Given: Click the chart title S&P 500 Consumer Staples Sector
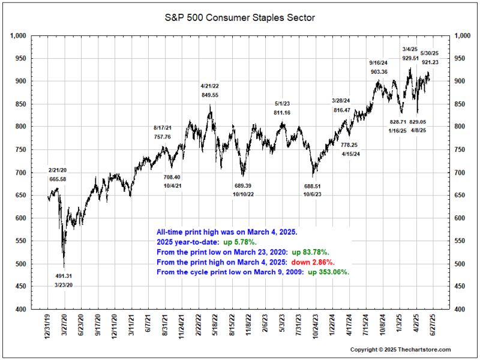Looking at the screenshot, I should tap(240, 17).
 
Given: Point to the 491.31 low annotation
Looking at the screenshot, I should tap(64, 276).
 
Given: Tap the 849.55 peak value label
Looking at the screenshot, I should tap(209, 95).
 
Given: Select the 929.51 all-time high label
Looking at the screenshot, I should tap(410, 58).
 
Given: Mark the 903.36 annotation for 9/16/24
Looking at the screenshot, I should tap(379, 72).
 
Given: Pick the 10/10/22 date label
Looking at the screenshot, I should tap(244, 194).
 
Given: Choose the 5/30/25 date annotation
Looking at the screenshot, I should tap(430, 53).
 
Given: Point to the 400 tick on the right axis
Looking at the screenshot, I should tap(460, 310).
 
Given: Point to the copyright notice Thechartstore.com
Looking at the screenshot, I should tap(400, 349).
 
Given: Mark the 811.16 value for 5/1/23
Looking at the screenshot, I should tap(282, 113).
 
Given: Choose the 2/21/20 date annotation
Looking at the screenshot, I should tap(58, 170).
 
